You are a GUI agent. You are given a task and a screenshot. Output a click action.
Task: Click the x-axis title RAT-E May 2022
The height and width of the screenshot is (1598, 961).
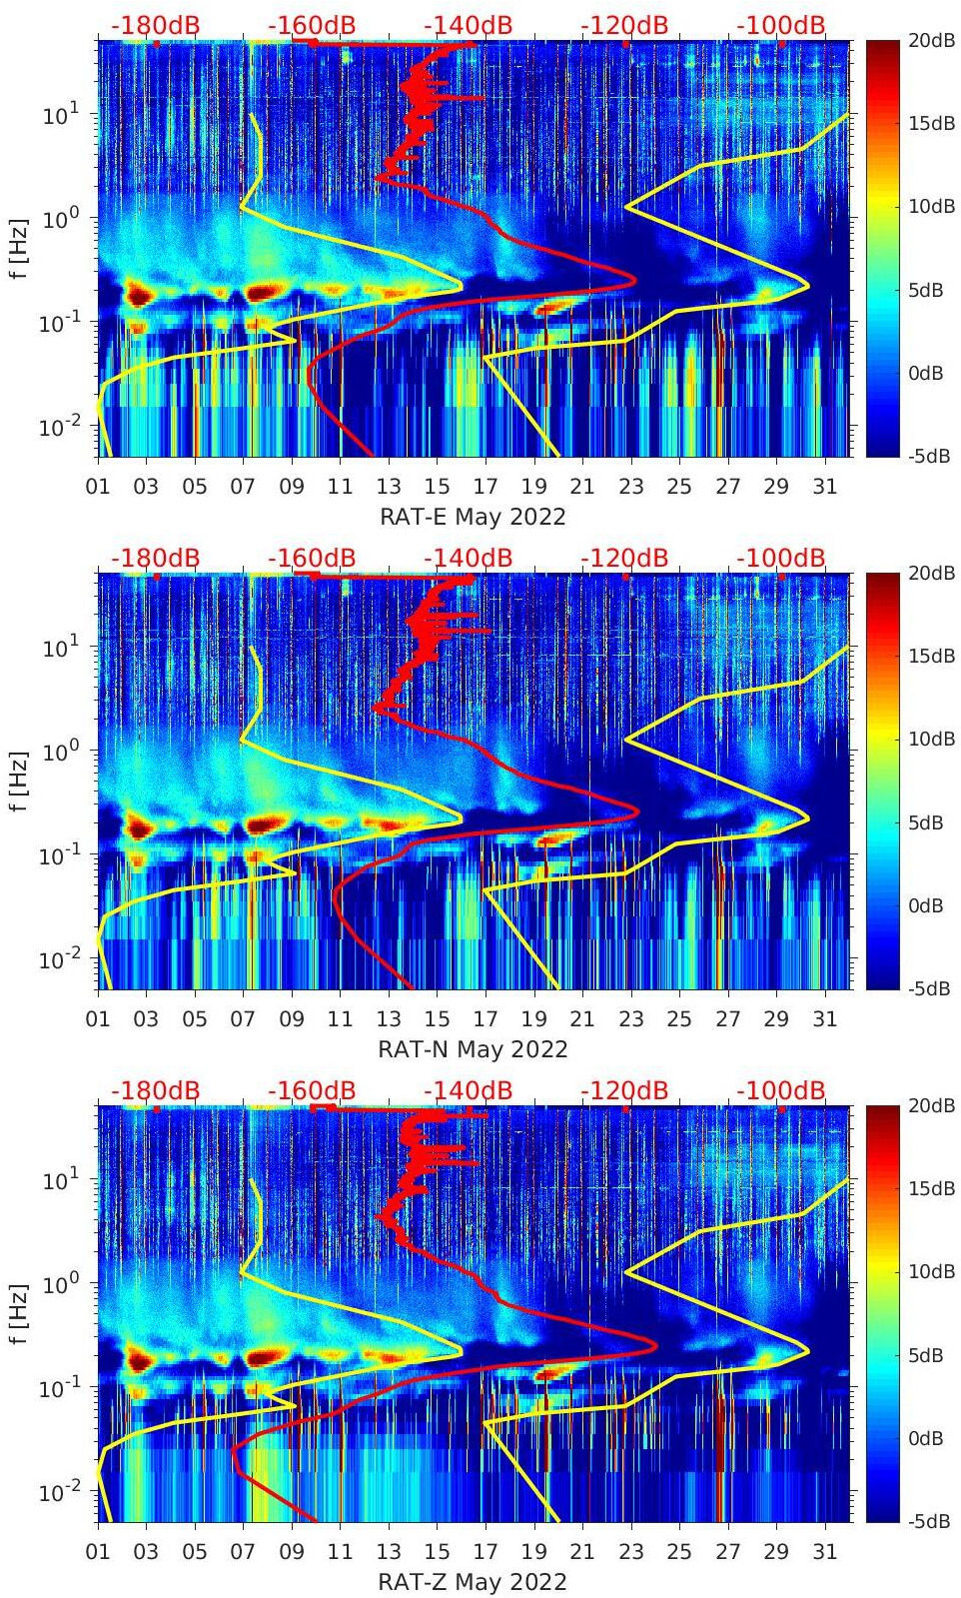pyautogui.click(x=473, y=517)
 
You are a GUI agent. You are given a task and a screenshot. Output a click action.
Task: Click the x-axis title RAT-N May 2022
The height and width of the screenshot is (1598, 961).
pyautogui.click(x=473, y=1049)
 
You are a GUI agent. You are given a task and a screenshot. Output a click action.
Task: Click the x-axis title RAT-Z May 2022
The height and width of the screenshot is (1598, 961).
pyautogui.click(x=473, y=1582)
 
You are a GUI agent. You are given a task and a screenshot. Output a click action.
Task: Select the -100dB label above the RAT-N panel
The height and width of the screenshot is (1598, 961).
pyautogui.click(x=781, y=558)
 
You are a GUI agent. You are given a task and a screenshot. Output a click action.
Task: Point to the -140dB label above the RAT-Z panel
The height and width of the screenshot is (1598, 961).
pyautogui.click(x=468, y=1090)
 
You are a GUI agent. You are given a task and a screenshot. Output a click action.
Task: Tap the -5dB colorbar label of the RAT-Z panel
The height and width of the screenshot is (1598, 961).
pyautogui.click(x=930, y=1521)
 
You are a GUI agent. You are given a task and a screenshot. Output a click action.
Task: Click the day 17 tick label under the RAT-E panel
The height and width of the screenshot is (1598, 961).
pyautogui.click(x=485, y=487)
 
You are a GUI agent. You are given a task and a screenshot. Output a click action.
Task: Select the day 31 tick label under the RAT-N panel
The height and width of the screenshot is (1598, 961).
pyautogui.click(x=824, y=1019)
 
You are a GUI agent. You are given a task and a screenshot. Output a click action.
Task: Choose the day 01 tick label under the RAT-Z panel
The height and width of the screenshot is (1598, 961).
pyautogui.click(x=98, y=1552)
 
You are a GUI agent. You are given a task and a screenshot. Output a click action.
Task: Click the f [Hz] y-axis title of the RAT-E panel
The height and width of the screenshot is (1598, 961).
pyautogui.click(x=20, y=249)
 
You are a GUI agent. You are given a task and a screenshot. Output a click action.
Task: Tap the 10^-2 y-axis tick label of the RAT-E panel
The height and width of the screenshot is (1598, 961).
pyautogui.click(x=58, y=427)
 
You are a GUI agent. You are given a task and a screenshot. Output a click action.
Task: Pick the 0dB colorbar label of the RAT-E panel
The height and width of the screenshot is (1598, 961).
pyautogui.click(x=930, y=373)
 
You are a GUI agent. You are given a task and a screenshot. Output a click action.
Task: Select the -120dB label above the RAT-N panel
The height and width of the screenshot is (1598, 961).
pyautogui.click(x=624, y=558)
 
